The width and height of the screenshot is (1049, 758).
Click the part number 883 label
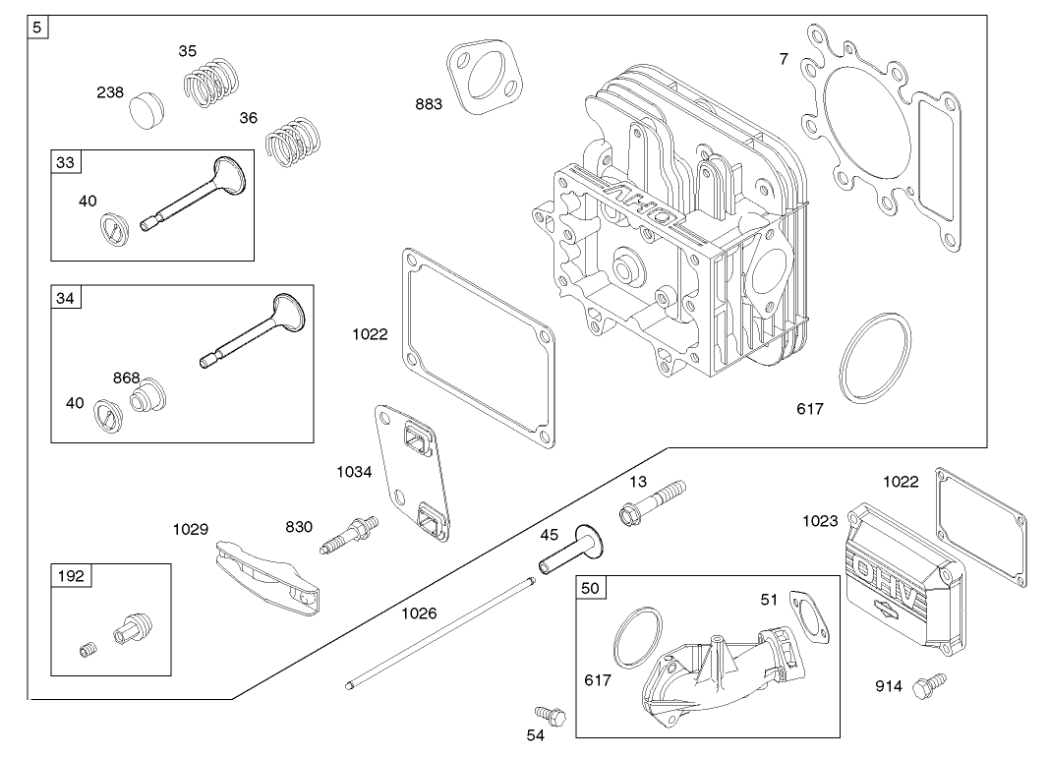(x=428, y=104)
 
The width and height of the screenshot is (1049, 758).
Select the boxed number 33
(x=65, y=162)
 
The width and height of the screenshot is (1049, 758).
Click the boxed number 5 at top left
(x=36, y=28)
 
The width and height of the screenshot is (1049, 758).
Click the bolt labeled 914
(x=927, y=685)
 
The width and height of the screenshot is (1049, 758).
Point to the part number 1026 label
(x=418, y=613)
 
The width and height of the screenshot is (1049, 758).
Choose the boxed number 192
(x=71, y=576)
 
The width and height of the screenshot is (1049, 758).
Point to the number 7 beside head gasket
(x=784, y=59)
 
